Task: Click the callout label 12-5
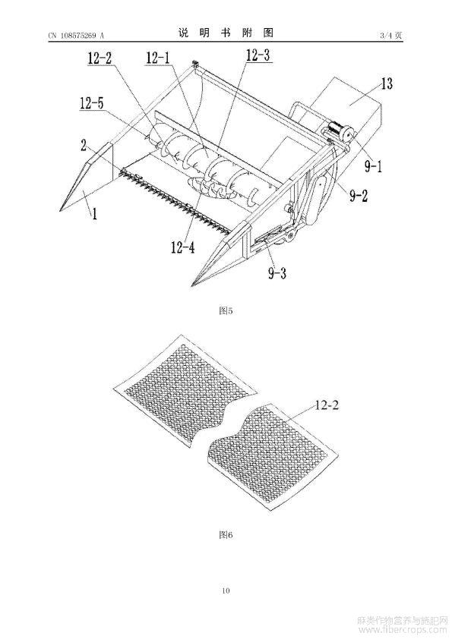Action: pyautogui.click(x=91, y=103)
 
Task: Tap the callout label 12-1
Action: pyautogui.click(x=158, y=58)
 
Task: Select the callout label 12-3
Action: pyautogui.click(x=258, y=55)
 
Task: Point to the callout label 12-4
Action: pyautogui.click(x=183, y=247)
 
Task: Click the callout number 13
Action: pyautogui.click(x=387, y=83)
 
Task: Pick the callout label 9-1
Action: pyautogui.click(x=373, y=166)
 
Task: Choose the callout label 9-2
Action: pyautogui.click(x=359, y=196)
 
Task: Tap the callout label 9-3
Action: pyautogui.click(x=277, y=272)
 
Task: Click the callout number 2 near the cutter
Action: pyautogui.click(x=84, y=146)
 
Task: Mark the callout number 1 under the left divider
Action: pyautogui.click(x=94, y=213)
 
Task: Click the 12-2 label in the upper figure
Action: pyautogui.click(x=100, y=58)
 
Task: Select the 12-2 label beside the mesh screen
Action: pyautogui.click(x=327, y=405)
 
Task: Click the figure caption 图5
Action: pyautogui.click(x=226, y=311)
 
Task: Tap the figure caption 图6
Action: pyautogui.click(x=226, y=535)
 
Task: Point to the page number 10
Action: pyautogui.click(x=226, y=590)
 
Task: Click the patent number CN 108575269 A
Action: pyautogui.click(x=76, y=36)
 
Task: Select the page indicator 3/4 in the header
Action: pyautogui.click(x=385, y=36)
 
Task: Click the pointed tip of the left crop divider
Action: pyautogui.click(x=59, y=211)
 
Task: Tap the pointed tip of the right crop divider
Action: pyautogui.click(x=192, y=285)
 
